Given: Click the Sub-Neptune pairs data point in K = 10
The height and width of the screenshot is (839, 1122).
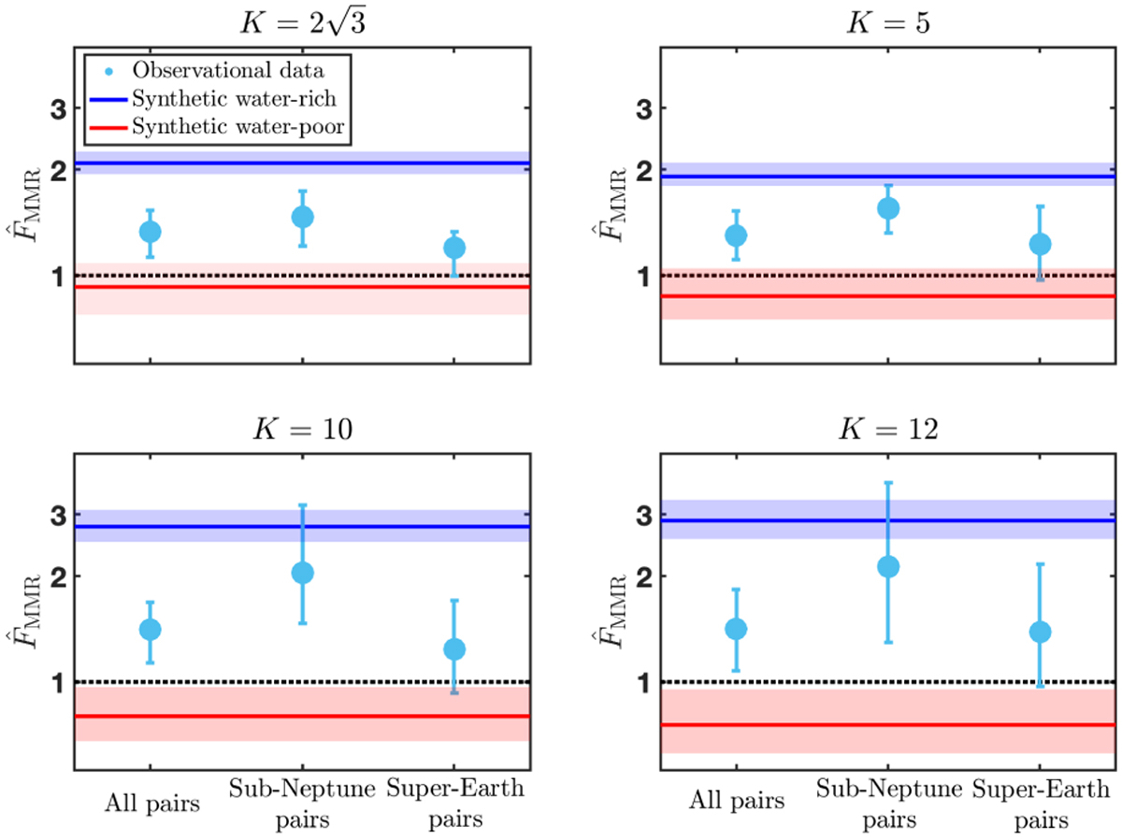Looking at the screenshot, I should tap(302, 573).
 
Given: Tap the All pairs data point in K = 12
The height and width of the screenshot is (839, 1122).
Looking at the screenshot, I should tap(736, 629).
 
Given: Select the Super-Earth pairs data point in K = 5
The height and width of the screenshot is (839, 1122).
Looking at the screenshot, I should tap(1040, 244).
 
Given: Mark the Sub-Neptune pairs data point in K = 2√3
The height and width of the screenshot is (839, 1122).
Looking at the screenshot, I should tap(302, 217).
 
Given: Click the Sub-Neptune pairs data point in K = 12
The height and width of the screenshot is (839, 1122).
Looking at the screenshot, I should tap(888, 566).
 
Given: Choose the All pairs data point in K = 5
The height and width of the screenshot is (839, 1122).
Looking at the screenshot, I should tap(736, 235).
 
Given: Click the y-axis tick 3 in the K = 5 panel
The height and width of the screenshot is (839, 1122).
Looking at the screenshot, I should tap(643, 109).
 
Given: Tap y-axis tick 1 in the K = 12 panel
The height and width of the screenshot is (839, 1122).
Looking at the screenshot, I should tap(643, 683).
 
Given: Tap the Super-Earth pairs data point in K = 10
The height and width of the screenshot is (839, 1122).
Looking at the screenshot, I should tap(453, 649).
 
